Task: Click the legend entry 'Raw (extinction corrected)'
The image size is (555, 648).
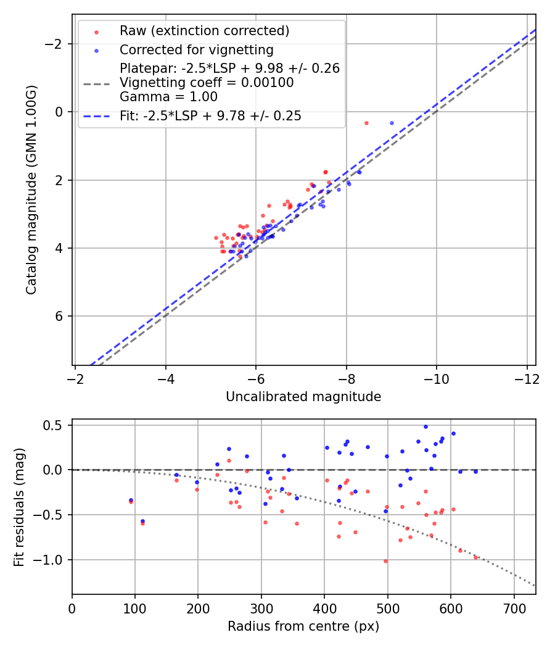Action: coord(204,31)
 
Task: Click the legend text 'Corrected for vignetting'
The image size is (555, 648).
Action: coord(196,49)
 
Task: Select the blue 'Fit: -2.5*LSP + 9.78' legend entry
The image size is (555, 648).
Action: coord(210,116)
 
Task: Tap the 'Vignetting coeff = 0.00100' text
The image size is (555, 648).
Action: coord(207,83)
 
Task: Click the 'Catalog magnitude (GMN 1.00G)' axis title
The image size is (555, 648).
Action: coord(31,190)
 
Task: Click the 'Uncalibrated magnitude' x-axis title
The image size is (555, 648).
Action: coord(303,397)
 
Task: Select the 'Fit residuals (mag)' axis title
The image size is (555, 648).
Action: coord(19,507)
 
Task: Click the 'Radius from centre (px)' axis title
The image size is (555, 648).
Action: coord(303,626)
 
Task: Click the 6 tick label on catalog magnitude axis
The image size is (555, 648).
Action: coord(59,317)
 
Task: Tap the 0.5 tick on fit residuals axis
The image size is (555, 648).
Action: coord(54,425)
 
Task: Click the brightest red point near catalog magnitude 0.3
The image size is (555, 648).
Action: coord(366,123)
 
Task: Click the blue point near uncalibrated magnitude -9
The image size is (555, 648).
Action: coord(392,123)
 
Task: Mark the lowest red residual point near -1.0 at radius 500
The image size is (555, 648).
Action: coord(386,561)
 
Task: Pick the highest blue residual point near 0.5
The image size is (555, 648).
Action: coord(425,426)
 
